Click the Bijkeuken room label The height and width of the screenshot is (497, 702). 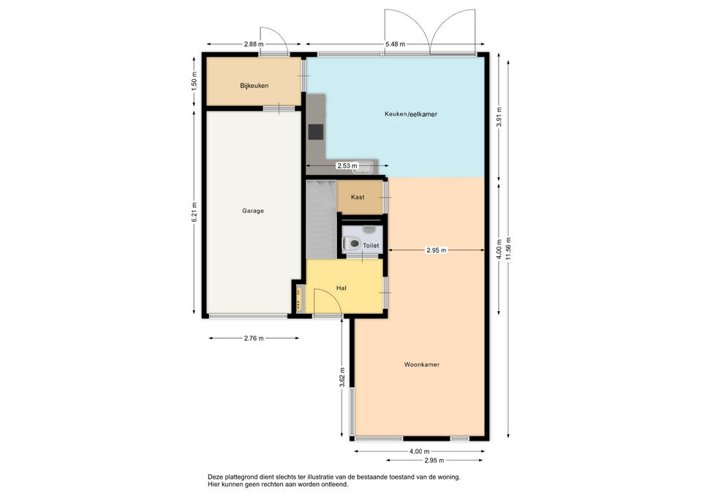254,86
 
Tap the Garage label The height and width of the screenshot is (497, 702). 253,211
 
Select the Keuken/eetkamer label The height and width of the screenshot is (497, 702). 411,114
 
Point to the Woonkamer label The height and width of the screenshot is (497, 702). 422,365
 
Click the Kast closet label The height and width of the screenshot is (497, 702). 358,197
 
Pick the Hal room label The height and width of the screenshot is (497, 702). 341,288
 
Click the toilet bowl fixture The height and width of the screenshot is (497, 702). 352,244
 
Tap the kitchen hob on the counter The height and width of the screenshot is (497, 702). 316,132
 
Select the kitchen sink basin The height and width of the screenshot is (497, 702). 364,167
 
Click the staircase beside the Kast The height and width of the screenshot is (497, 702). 321,219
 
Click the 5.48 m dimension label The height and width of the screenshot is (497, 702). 396,44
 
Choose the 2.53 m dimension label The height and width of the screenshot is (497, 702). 347,166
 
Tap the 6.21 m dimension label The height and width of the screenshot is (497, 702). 194,212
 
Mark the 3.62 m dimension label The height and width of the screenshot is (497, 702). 342,378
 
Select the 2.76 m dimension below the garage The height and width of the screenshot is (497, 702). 254,338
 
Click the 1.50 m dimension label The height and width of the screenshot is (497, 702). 194,81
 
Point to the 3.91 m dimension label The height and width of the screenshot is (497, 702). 499,117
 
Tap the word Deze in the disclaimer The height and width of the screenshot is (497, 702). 215,477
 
